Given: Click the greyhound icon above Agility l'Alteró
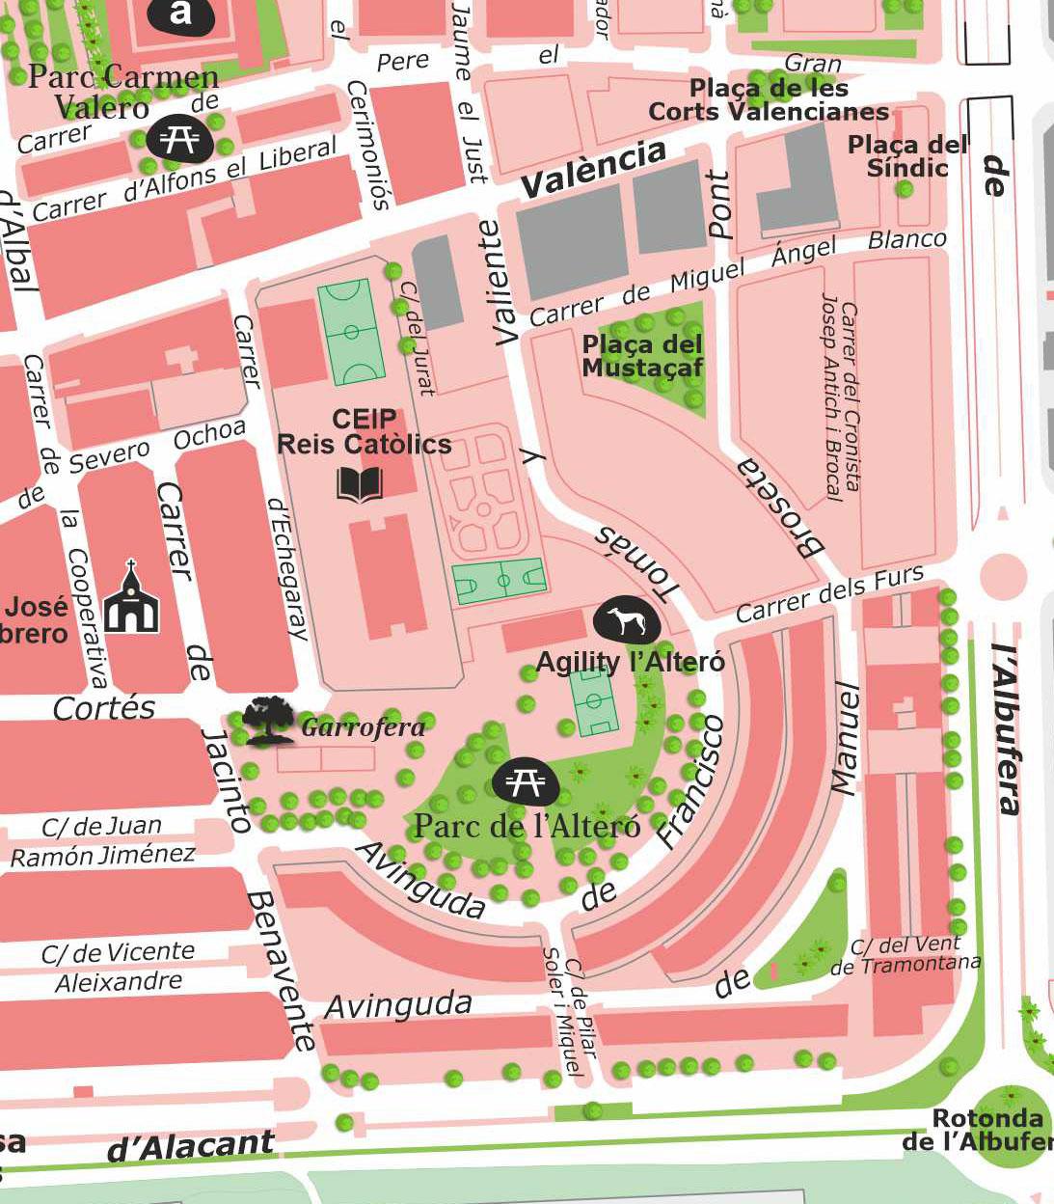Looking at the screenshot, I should [x=627, y=622].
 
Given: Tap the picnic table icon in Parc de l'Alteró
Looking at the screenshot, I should [x=526, y=781].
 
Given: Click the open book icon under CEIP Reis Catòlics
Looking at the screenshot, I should [x=360, y=484].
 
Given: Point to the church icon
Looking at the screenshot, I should [x=131, y=599].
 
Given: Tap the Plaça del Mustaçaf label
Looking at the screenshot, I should [x=642, y=356].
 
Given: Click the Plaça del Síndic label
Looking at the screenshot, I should [x=907, y=156].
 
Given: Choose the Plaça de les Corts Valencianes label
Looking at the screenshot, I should [x=769, y=100].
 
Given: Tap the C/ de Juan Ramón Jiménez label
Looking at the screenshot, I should [x=102, y=841].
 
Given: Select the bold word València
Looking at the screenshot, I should [x=593, y=168].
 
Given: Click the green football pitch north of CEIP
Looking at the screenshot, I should [x=351, y=331].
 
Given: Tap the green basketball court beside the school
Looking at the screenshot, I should [x=500, y=581].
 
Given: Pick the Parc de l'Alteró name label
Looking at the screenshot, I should [x=527, y=827].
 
